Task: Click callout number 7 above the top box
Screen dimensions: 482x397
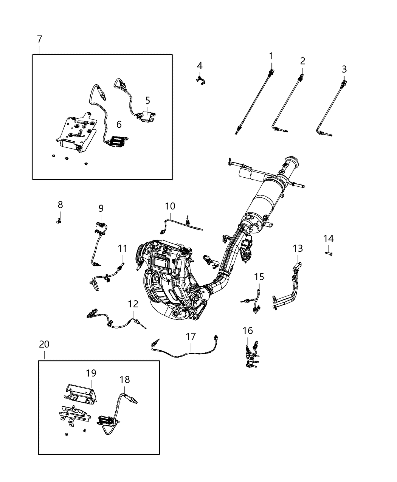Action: tap(40, 39)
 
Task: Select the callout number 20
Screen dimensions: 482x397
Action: tap(44, 344)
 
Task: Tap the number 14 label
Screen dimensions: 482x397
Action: tap(329, 239)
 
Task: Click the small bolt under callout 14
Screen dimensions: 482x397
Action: tap(329, 253)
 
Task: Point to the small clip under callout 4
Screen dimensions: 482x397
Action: tap(199, 79)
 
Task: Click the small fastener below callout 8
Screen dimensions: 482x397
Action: tap(59, 220)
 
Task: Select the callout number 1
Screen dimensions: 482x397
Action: tap(271, 56)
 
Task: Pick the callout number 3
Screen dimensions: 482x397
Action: tap(344, 69)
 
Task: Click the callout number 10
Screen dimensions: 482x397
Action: tap(170, 206)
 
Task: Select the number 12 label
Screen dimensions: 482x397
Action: tap(133, 304)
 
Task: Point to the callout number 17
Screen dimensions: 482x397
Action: tap(191, 336)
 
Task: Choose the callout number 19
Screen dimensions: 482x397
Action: tap(91, 373)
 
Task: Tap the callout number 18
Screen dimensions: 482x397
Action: tap(125, 380)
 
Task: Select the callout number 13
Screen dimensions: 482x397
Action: tap(298, 248)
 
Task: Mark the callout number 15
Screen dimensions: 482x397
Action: tap(259, 277)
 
